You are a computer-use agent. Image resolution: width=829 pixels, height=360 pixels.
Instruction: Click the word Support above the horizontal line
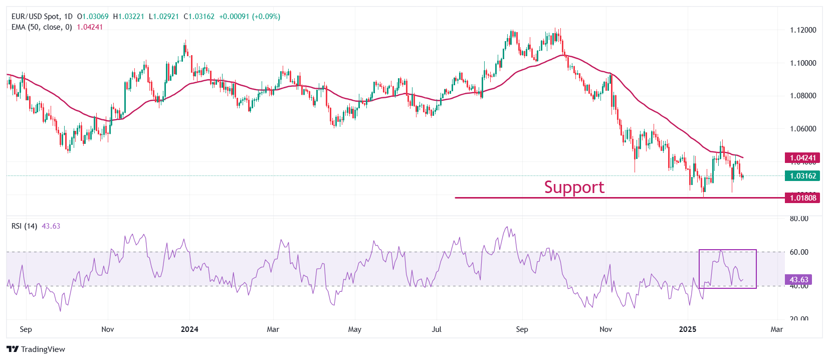[x=574, y=187]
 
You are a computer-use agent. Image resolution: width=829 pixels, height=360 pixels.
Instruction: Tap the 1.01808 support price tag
[x=802, y=198]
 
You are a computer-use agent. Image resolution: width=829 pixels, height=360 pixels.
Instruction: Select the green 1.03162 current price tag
[x=802, y=176]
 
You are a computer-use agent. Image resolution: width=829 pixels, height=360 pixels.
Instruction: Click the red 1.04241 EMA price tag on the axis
[x=802, y=158]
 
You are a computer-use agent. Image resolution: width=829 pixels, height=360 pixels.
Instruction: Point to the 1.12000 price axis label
[x=803, y=30]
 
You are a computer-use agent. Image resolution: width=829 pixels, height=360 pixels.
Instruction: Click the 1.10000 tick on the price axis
[x=803, y=63]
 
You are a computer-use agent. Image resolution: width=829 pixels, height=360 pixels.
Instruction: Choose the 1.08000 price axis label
[x=803, y=96]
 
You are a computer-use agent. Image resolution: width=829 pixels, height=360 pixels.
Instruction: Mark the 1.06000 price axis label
[x=803, y=129]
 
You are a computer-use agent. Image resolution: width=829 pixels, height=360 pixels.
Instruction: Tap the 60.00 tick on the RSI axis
[x=799, y=252]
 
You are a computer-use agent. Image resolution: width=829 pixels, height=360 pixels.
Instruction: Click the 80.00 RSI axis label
[x=799, y=219]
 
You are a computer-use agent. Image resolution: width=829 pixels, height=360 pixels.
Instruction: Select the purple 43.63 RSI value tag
[x=798, y=280]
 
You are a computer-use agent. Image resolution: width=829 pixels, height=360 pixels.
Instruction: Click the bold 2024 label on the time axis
[x=189, y=329]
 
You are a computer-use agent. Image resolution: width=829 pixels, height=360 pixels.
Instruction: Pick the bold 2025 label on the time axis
[x=688, y=329]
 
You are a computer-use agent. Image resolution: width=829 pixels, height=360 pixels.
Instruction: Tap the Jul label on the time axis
[x=437, y=329]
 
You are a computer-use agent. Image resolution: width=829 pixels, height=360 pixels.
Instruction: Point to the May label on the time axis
[x=354, y=329]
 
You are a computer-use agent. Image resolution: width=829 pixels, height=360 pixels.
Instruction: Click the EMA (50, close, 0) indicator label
[x=42, y=27]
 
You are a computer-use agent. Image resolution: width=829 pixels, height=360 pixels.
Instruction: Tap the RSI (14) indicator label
[x=24, y=226]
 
